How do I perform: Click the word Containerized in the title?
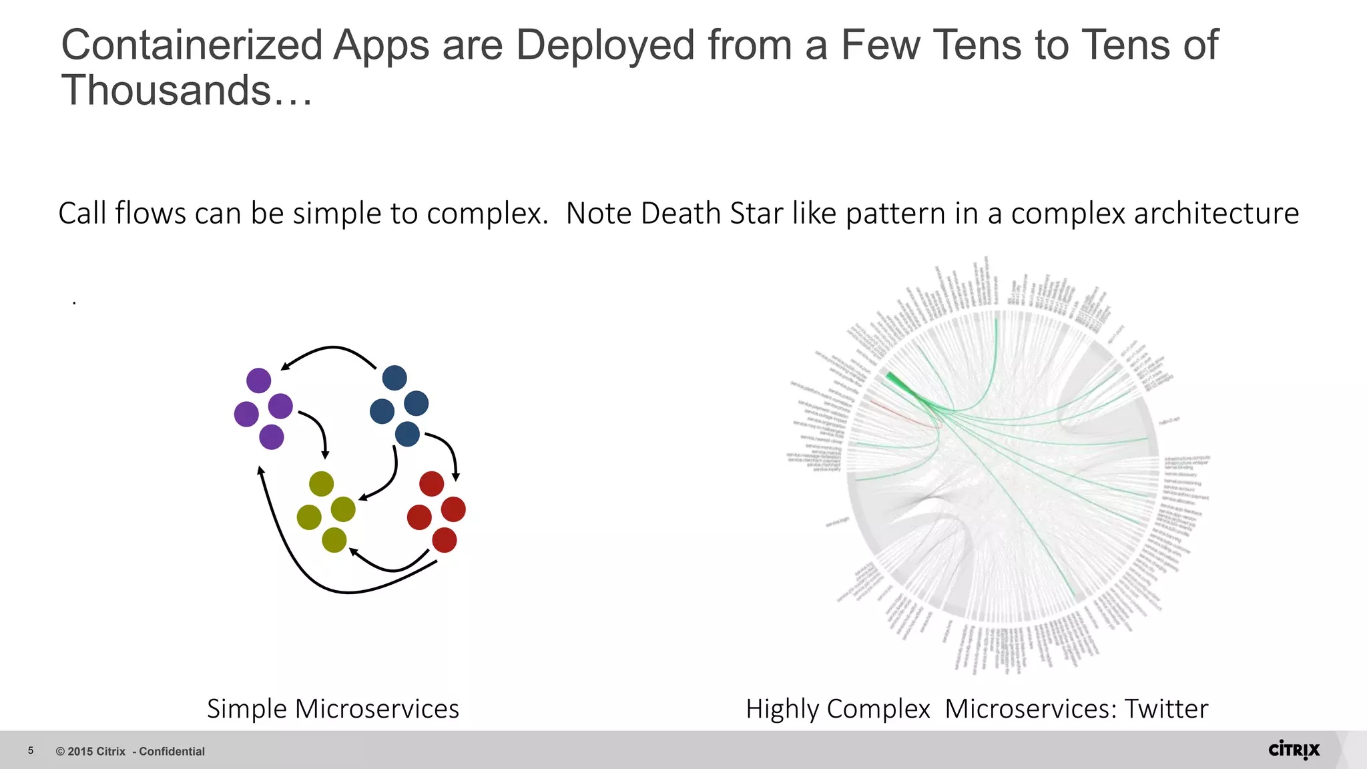click(x=192, y=45)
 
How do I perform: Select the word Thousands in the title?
click(x=167, y=91)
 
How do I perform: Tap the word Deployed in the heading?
click(x=605, y=45)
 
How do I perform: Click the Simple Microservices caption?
click(x=333, y=708)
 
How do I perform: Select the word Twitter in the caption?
click(x=1166, y=708)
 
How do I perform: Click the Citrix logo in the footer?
click(x=1294, y=750)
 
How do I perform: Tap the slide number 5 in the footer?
click(x=31, y=751)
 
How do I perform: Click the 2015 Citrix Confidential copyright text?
click(x=130, y=752)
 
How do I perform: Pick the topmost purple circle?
click(x=259, y=380)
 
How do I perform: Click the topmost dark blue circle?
click(x=394, y=378)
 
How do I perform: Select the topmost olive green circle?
click(x=322, y=484)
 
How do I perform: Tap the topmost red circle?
click(x=432, y=484)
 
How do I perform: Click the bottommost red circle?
click(x=445, y=540)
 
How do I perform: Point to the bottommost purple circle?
click(x=272, y=437)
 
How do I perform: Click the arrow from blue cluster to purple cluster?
click(x=331, y=348)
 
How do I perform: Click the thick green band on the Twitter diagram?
click(x=898, y=383)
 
